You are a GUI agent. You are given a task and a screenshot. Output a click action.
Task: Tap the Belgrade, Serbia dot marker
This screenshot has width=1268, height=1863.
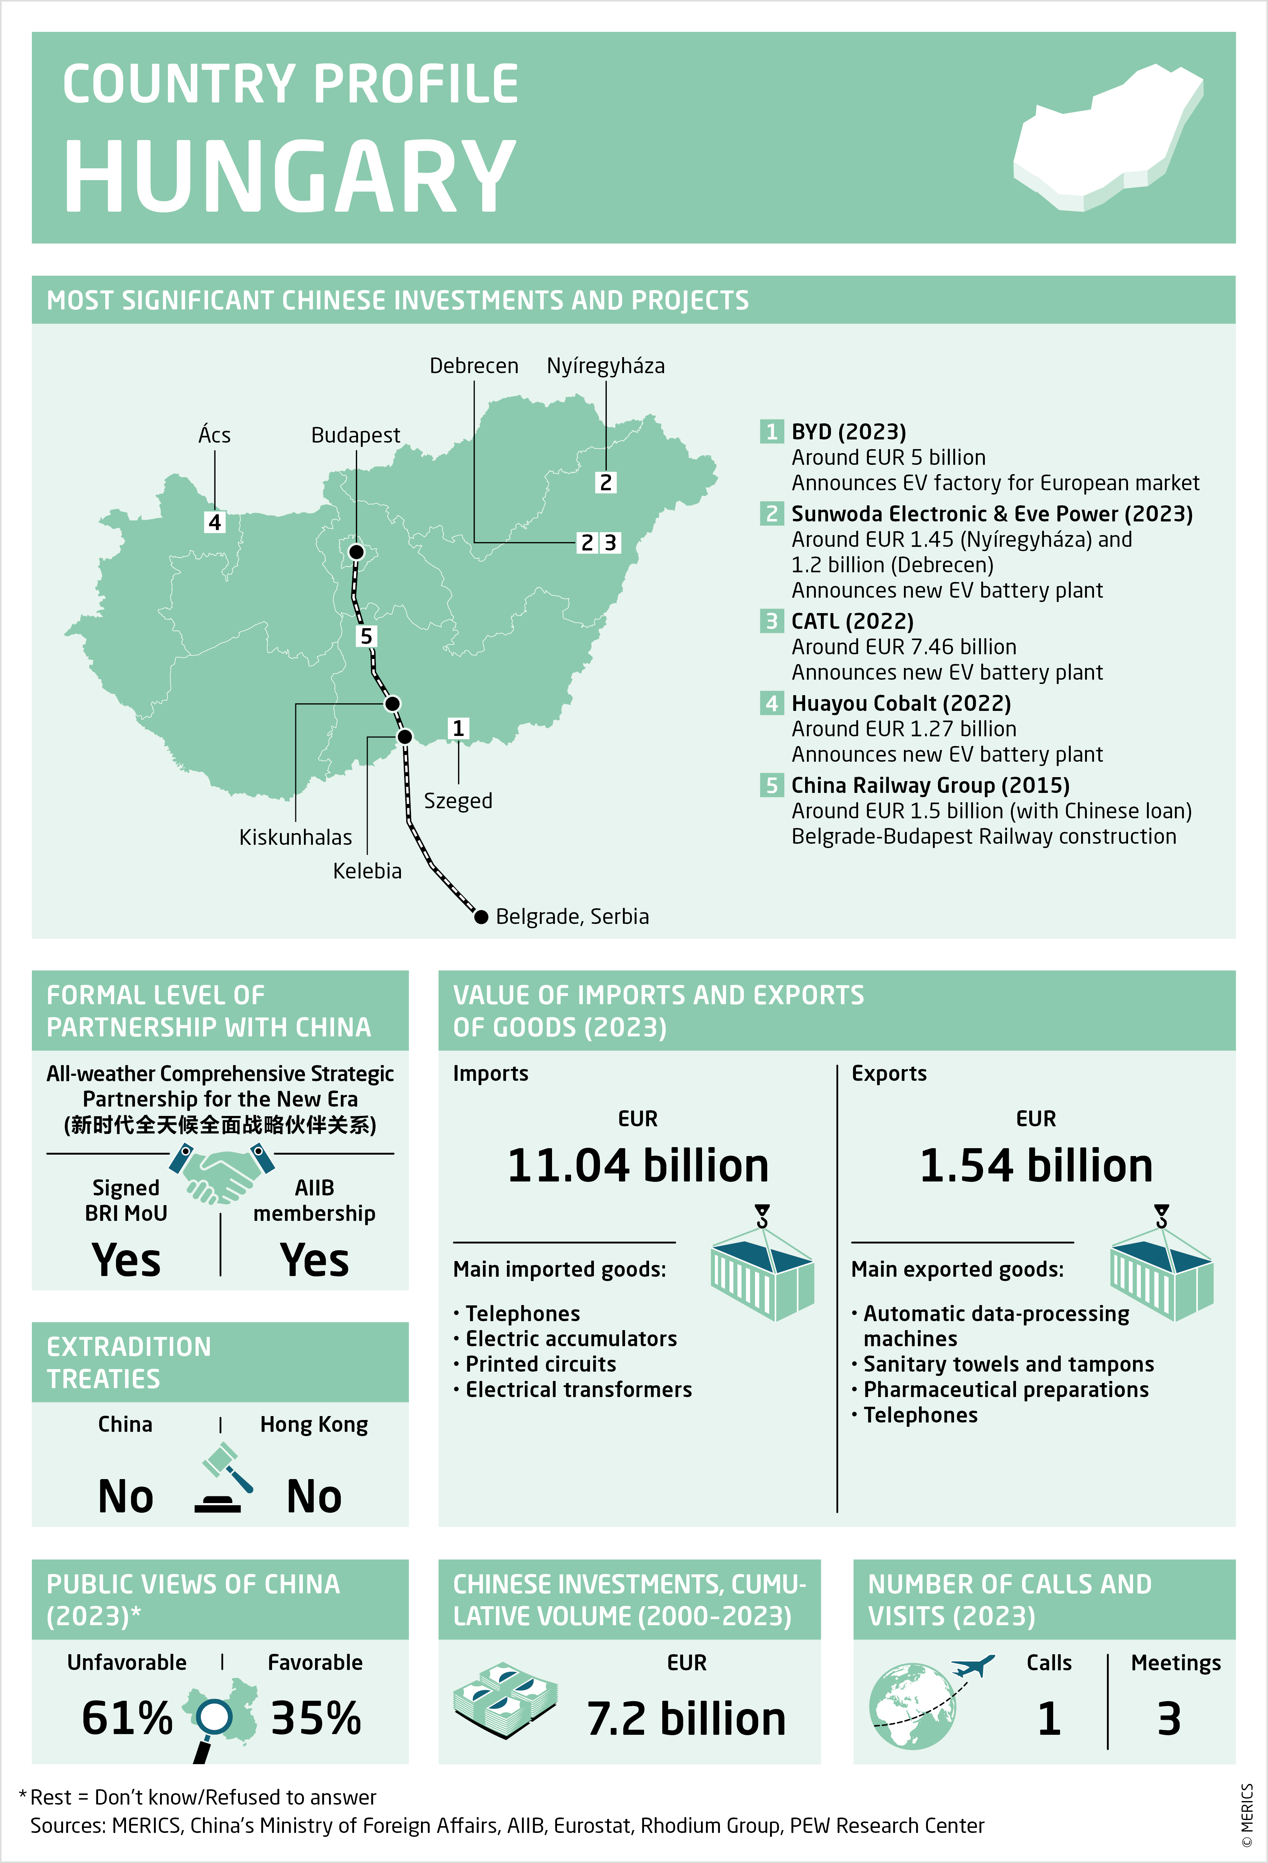481,916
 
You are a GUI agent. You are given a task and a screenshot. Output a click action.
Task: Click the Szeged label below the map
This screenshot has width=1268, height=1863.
458,801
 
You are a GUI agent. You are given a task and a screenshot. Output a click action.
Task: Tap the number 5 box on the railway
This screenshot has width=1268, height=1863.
366,636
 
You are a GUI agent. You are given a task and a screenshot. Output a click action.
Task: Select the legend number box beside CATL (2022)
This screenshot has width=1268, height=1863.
771,621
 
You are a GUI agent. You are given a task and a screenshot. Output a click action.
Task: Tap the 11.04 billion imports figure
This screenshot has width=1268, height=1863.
638,1166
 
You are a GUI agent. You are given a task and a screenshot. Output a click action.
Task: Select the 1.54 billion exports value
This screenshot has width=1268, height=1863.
1036,1166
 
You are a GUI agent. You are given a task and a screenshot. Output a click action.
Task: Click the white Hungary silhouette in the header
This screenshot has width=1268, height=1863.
1106,140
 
